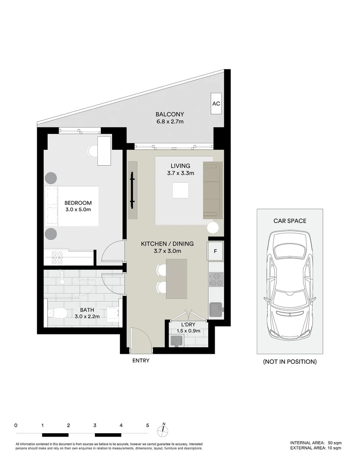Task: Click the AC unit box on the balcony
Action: [x=216, y=104]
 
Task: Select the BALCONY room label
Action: [x=170, y=114]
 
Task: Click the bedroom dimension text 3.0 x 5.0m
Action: [x=78, y=210]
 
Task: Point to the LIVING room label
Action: [x=180, y=166]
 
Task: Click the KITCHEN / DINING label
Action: [x=167, y=244]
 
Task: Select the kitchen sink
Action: [x=216, y=309]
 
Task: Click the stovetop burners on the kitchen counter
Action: [x=216, y=280]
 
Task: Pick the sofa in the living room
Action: [x=213, y=190]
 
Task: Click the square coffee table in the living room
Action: [x=180, y=190]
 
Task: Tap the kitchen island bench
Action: [x=177, y=279]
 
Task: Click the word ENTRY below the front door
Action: [x=141, y=360]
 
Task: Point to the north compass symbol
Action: [x=163, y=429]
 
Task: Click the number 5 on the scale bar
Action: [x=147, y=425]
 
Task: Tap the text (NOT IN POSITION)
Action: [x=290, y=362]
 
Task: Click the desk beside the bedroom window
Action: [x=105, y=151]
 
